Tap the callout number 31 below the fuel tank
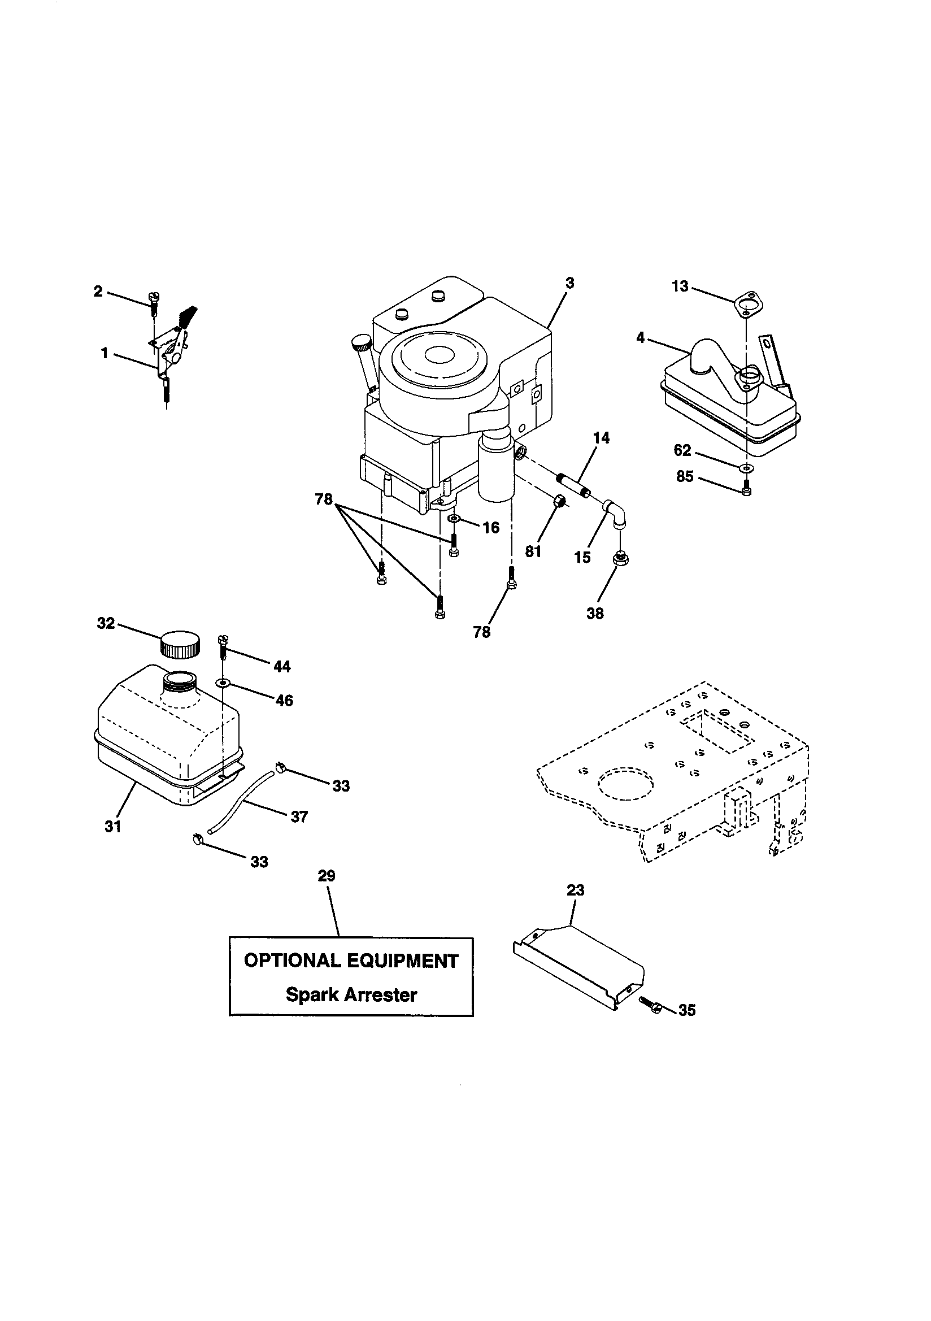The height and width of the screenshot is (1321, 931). click(x=114, y=827)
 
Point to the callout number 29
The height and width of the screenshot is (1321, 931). click(x=327, y=876)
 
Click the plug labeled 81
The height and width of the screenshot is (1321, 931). click(x=558, y=502)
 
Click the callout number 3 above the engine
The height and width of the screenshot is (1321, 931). click(x=569, y=284)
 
